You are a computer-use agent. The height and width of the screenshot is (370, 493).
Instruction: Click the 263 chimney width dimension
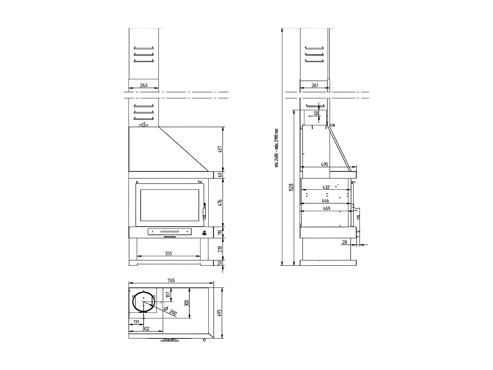[144, 85]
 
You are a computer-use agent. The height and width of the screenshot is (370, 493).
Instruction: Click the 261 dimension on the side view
[315, 85]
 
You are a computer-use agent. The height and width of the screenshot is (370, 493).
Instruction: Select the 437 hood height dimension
[221, 149]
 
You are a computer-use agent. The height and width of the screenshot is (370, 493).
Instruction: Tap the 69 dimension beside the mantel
[221, 175]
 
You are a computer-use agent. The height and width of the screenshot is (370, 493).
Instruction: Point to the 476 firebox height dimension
[221, 202]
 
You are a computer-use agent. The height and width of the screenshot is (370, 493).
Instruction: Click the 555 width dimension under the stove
[169, 253]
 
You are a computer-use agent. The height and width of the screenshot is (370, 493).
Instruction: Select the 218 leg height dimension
[221, 249]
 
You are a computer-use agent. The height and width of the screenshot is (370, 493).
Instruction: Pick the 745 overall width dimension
[171, 281]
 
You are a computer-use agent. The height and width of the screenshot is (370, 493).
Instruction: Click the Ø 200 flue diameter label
[170, 311]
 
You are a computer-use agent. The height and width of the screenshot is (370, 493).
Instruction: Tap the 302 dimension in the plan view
[146, 329]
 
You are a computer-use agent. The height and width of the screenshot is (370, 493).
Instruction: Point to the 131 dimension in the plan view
[136, 322]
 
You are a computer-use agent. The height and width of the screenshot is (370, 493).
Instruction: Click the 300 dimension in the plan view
[187, 303]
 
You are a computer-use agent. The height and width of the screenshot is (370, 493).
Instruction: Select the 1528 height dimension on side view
[291, 187]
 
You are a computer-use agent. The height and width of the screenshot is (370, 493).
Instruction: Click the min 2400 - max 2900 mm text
[277, 148]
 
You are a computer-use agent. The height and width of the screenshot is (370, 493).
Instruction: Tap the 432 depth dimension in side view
[326, 187]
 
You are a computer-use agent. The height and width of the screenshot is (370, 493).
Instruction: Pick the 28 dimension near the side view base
[344, 242]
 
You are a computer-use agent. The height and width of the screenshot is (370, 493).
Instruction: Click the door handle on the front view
[204, 210]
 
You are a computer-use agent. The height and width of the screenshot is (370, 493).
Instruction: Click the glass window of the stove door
[170, 205]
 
